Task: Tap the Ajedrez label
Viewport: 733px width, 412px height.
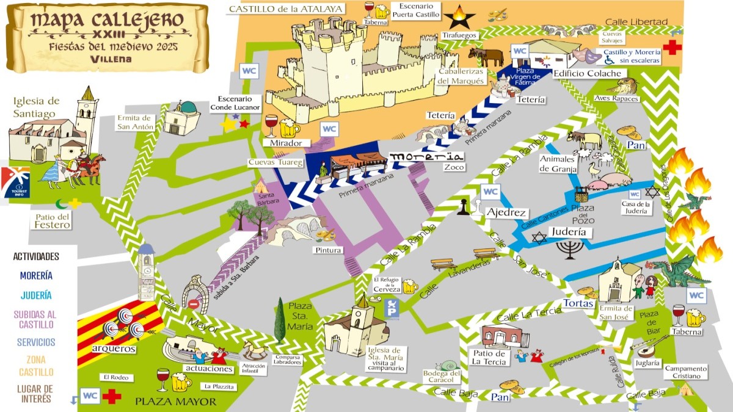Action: [x=506, y=212]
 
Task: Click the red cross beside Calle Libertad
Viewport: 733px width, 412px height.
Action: [x=672, y=47]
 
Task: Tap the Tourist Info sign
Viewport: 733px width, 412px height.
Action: [x=15, y=183]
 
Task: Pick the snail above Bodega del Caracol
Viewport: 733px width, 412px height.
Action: [x=450, y=364]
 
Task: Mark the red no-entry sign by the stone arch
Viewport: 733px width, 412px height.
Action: [x=194, y=303]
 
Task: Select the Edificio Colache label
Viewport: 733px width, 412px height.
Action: [x=578, y=74]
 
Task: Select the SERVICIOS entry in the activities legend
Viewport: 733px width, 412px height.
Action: [x=36, y=342]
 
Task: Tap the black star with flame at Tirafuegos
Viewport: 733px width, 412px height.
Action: [x=459, y=17]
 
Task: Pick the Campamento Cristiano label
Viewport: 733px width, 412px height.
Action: [x=686, y=372]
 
